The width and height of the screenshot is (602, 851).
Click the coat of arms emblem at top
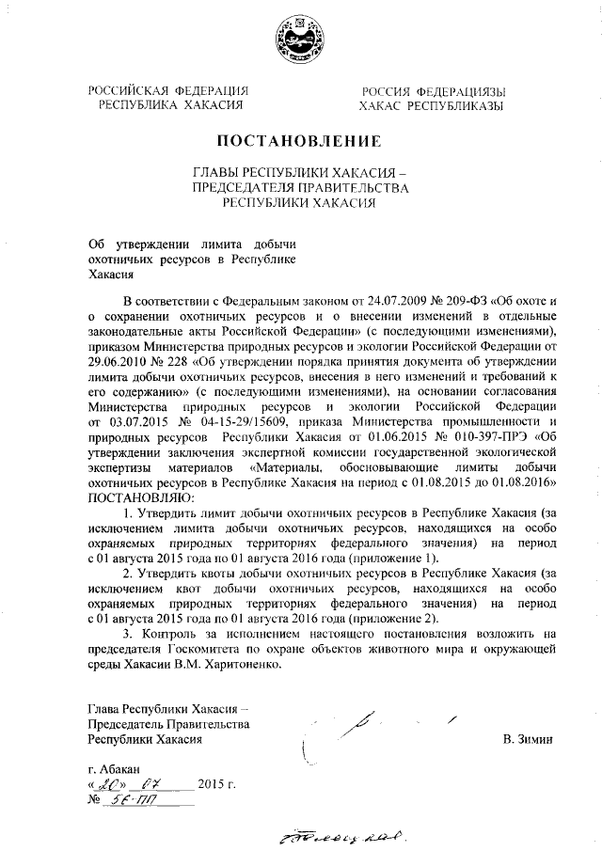pyautogui.click(x=299, y=42)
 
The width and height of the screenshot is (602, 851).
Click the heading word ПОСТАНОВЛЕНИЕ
pyautogui.click(x=300, y=142)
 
